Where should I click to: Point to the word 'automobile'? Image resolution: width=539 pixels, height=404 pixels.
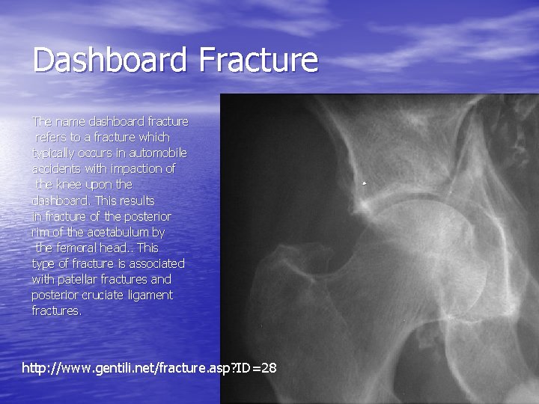[161, 153]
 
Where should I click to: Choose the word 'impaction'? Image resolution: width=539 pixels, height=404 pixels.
[135, 168]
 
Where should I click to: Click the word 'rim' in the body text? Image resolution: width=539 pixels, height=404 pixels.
[40, 232]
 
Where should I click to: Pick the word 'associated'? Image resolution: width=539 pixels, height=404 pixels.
[156, 263]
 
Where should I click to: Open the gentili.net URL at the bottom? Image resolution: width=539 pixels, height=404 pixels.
[150, 368]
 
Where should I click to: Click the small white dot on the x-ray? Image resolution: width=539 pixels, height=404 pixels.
[365, 183]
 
